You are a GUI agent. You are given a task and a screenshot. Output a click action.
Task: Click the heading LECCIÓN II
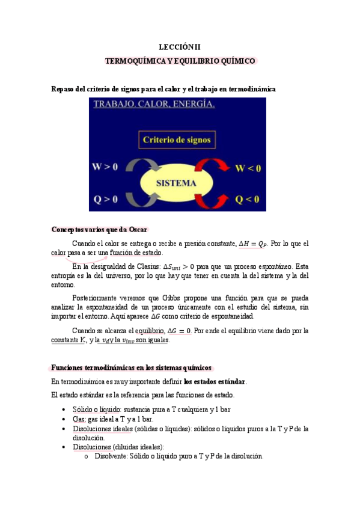point(180,46)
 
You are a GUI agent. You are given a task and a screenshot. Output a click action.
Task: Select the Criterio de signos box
point(177,140)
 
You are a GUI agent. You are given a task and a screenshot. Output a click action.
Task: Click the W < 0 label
point(248,168)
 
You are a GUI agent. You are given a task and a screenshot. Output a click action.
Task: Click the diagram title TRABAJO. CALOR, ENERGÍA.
point(154,105)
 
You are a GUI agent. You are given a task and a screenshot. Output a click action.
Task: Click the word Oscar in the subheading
point(136,230)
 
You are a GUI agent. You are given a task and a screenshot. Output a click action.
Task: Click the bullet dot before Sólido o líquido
point(65,410)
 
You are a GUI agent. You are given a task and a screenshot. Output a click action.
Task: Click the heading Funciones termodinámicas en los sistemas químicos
point(130,367)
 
